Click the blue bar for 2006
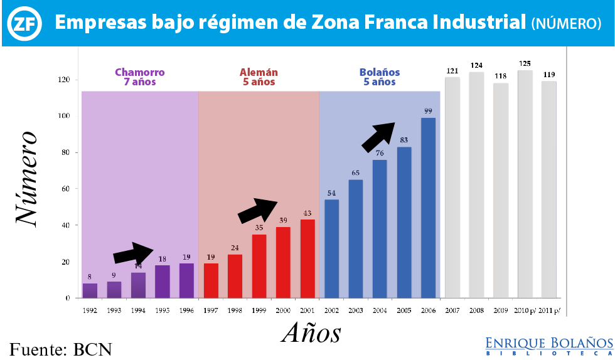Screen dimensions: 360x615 (428, 208)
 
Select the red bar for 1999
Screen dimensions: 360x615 (259, 266)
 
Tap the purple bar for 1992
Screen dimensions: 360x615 (90, 290)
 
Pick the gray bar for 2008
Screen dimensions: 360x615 (476, 184)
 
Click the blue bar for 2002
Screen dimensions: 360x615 (331, 248)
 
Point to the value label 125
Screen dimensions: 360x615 (525, 63)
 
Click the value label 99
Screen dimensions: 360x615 (428, 111)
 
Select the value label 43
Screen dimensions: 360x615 (307, 213)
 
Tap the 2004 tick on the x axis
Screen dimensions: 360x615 (380, 310)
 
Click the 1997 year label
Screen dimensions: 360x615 (211, 310)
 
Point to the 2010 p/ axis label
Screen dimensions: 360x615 (525, 310)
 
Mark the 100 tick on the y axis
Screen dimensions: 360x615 (63, 116)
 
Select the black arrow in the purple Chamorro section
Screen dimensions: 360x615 (133, 253)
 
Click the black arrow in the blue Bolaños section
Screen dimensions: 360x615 (378, 136)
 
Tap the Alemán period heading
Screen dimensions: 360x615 (259, 77)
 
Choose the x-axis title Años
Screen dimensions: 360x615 (311, 333)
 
